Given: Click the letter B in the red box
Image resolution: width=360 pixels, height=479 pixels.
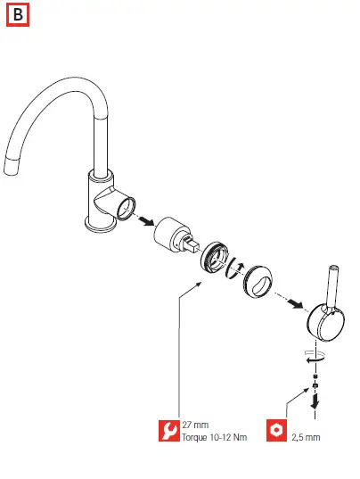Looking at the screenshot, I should [x=17, y=16].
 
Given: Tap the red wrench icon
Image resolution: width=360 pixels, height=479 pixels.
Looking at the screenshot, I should [x=167, y=430].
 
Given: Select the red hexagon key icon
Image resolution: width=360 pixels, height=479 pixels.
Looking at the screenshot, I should [x=278, y=430].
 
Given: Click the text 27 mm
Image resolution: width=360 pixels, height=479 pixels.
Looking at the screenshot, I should [x=193, y=424].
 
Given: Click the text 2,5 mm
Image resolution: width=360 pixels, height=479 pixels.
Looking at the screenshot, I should [x=306, y=437].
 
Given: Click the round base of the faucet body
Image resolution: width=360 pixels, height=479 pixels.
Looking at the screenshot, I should [x=100, y=224].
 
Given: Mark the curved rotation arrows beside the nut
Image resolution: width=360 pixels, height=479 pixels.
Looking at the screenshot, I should [x=236, y=269].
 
